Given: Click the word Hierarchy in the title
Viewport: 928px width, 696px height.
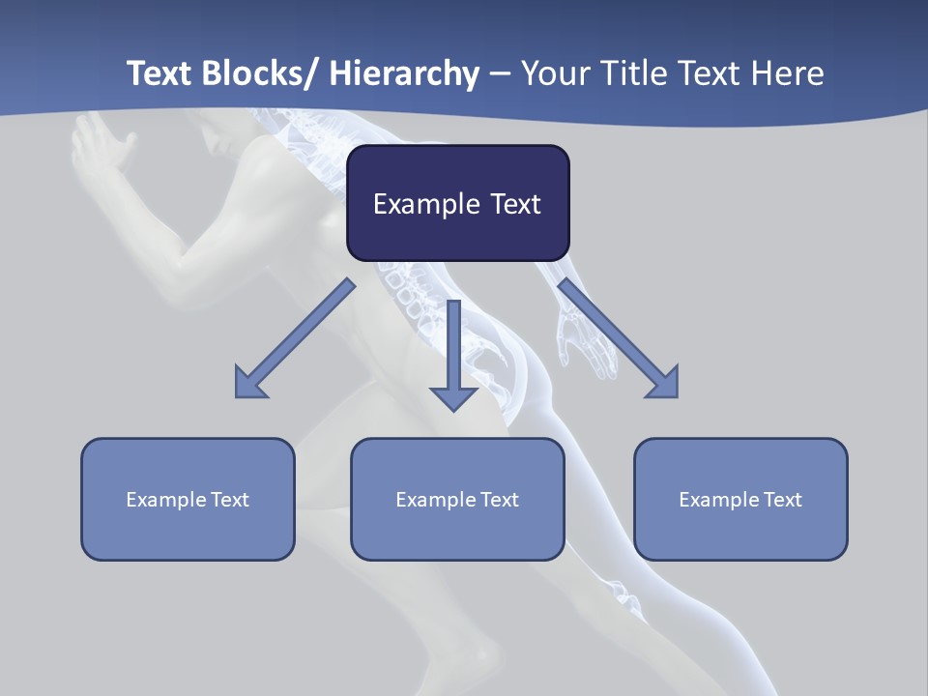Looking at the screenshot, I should coord(404,73).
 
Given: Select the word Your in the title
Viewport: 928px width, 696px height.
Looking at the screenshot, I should coord(554,73).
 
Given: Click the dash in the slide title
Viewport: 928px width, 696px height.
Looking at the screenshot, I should coord(500,74).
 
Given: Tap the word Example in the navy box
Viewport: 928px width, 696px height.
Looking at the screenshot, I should coord(425,204).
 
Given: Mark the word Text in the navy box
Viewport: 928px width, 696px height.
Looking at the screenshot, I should coord(515,204).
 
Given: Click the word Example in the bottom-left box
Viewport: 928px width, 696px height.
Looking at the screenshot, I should coord(165,500).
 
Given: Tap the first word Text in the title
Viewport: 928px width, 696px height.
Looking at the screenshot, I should coord(161,73).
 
